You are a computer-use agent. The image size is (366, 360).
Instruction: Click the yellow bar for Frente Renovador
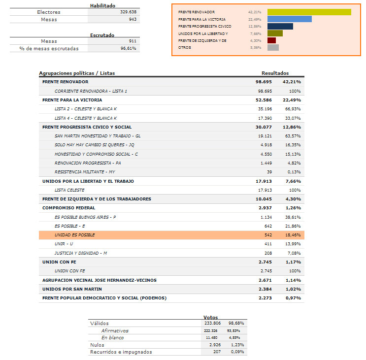tap(309, 12)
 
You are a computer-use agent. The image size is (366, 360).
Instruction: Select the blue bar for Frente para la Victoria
tap(289, 19)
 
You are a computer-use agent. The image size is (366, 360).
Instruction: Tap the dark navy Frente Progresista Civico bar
tap(280, 26)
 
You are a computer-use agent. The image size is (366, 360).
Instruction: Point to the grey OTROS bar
tap(273, 47)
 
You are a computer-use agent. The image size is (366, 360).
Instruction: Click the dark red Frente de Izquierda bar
tap(271, 40)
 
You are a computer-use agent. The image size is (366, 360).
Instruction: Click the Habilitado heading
tap(102, 5)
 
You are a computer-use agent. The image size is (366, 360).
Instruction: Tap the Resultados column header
tap(275, 73)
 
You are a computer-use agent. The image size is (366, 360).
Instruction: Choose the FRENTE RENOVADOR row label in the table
tap(66, 82)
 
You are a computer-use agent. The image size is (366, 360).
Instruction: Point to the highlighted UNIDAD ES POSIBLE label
tap(75, 235)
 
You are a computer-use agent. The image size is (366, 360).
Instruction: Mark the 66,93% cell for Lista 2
tap(292, 109)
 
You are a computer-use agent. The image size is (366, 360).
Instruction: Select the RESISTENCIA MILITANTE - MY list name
tap(85, 172)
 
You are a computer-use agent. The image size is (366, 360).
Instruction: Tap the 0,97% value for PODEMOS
tap(294, 298)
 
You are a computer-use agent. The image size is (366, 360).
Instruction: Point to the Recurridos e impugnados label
tap(121, 352)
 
